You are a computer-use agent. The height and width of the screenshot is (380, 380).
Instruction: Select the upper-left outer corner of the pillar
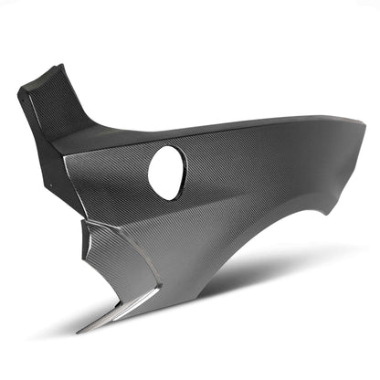click(20, 90)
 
